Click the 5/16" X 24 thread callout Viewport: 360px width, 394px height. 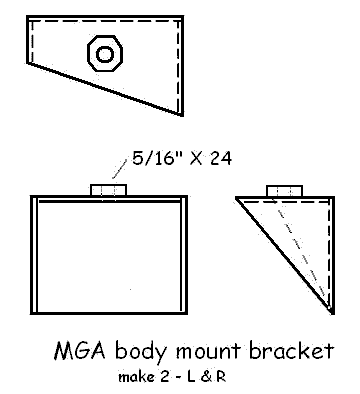177,158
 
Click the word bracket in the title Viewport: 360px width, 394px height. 292,352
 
